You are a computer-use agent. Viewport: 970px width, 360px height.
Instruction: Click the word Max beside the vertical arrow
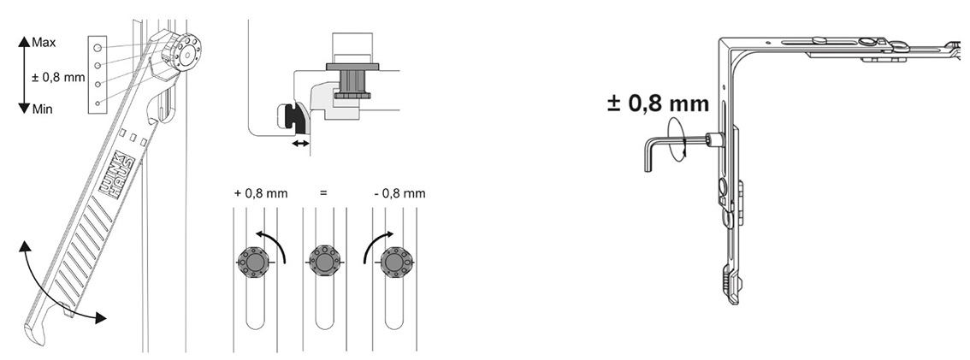[44, 43]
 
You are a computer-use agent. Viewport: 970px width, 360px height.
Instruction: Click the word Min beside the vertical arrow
[43, 109]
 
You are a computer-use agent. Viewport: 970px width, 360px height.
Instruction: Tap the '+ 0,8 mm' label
[260, 193]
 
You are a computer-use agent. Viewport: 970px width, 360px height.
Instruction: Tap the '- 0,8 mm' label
[399, 193]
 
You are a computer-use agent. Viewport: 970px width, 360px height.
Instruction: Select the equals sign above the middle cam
[323, 193]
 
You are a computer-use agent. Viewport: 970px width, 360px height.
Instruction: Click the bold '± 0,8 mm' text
[659, 103]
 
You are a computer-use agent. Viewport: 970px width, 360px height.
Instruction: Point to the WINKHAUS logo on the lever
[116, 175]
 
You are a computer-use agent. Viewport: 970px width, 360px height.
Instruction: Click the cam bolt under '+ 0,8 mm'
[253, 263]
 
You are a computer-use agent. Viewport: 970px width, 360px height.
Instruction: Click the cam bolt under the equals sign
[324, 263]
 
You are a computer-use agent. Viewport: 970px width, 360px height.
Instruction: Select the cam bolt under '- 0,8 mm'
[394, 263]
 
